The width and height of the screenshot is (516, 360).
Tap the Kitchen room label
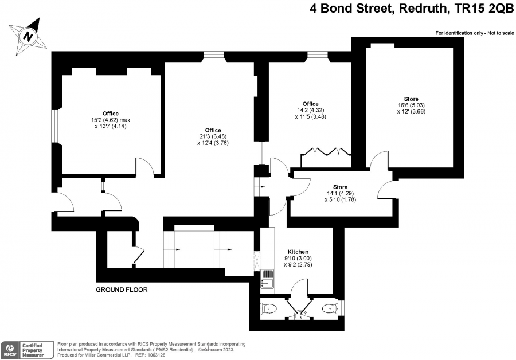(x=298, y=252)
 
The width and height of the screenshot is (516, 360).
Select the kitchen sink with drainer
(x=267, y=279)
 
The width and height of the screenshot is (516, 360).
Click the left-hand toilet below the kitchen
(x=269, y=308)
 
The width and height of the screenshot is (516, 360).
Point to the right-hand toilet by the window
(x=330, y=308)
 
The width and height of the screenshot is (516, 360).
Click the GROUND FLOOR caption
(x=122, y=290)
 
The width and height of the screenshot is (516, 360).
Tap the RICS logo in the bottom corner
(x=10, y=350)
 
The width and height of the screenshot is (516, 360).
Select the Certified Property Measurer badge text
(x=33, y=350)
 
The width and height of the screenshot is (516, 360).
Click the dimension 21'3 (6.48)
(x=213, y=136)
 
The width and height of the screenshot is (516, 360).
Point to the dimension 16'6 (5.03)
(x=411, y=105)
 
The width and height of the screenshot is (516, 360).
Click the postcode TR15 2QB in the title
(x=484, y=9)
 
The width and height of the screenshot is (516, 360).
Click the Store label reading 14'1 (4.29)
(x=340, y=194)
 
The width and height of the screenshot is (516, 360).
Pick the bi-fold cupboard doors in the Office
(x=326, y=151)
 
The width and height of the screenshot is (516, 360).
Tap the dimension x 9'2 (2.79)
(x=298, y=265)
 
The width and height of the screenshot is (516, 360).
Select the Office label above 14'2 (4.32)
(x=311, y=104)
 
